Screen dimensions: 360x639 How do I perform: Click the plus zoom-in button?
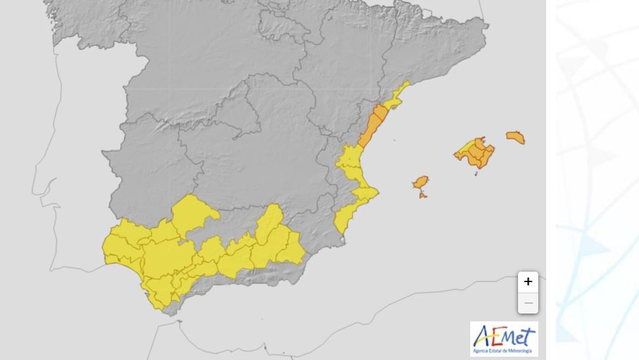click(x=528, y=282)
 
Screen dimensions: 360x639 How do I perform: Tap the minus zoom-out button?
click(x=528, y=303)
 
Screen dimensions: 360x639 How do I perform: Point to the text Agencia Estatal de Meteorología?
click(x=504, y=351)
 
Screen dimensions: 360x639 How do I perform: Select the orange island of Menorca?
click(x=515, y=137)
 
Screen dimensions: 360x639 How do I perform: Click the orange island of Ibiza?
click(x=421, y=182)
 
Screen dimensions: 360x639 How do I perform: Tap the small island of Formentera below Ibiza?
click(x=423, y=194)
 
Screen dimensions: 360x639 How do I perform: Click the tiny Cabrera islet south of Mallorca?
click(x=476, y=173)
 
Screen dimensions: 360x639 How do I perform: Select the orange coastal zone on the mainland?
click(x=373, y=125)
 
